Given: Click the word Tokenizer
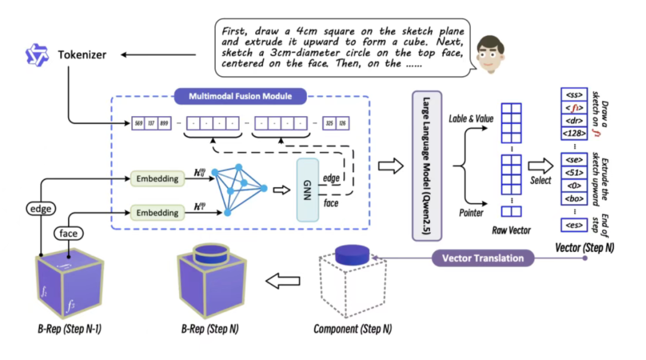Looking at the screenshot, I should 82,55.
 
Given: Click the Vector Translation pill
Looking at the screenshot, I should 483,258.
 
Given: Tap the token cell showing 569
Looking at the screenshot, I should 139,124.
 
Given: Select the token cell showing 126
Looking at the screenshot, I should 343,124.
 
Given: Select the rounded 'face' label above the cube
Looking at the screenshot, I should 68,233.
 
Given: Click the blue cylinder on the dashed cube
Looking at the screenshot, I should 351,254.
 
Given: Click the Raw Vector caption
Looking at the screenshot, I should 511,230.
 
